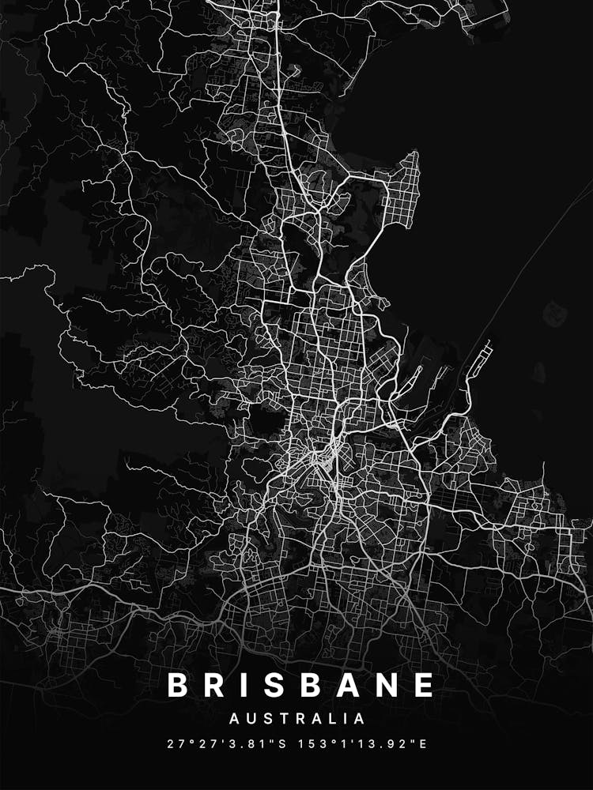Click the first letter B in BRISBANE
click(179, 685)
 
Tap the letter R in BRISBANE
click(217, 685)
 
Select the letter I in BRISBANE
click(249, 685)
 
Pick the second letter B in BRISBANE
click(316, 685)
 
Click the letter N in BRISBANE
click(390, 685)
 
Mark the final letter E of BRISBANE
click(425, 685)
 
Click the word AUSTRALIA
click(297, 719)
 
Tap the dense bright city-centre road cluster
click(324, 458)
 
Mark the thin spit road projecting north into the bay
click(544, 478)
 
